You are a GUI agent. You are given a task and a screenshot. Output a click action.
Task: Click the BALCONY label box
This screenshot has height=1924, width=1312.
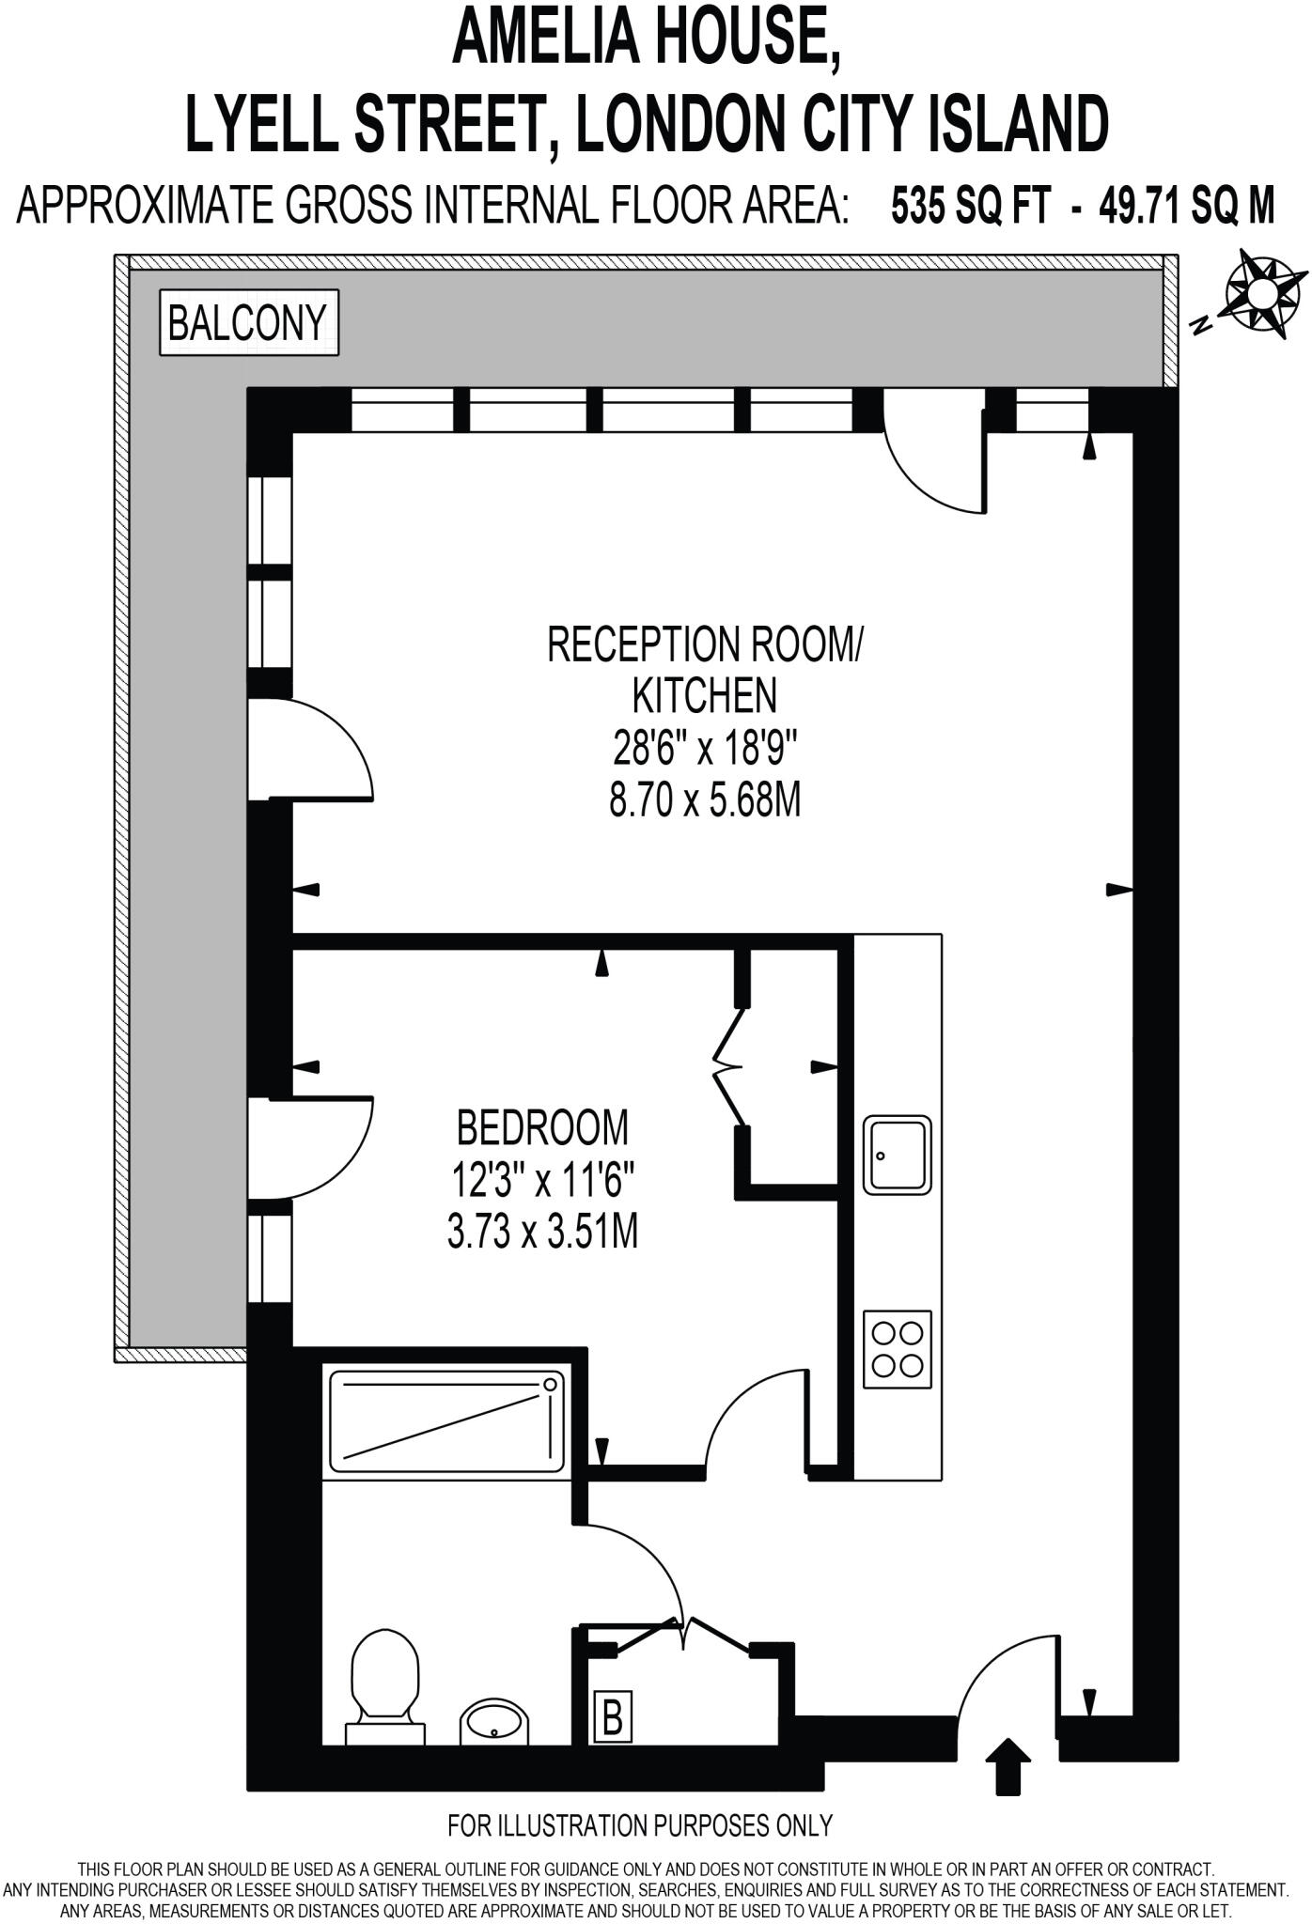coord(248,322)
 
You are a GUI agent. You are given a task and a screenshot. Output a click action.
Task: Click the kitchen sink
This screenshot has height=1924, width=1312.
coord(898,1155)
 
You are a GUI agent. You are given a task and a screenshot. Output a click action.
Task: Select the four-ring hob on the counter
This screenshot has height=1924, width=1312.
coord(898,1349)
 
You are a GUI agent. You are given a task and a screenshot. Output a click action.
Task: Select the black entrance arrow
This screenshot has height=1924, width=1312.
coord(1010,1765)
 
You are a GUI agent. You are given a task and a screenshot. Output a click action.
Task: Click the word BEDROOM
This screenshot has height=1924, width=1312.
coord(542,1127)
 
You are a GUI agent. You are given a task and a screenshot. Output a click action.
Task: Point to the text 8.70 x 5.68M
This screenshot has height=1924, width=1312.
coord(705,802)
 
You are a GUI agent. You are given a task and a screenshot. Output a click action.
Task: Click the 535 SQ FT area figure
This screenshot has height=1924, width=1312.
coord(970,204)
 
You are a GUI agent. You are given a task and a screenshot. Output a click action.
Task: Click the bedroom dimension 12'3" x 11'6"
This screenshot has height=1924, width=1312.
coord(542,1179)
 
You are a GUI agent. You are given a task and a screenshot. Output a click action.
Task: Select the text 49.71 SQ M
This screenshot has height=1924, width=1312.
coord(1193,204)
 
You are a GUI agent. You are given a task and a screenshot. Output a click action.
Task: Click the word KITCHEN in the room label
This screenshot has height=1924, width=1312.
coord(705,696)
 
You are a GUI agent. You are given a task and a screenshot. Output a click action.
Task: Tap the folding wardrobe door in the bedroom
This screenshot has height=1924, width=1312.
coord(728,1067)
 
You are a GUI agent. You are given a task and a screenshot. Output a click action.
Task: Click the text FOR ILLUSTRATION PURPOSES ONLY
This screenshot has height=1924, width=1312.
coord(640,1824)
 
